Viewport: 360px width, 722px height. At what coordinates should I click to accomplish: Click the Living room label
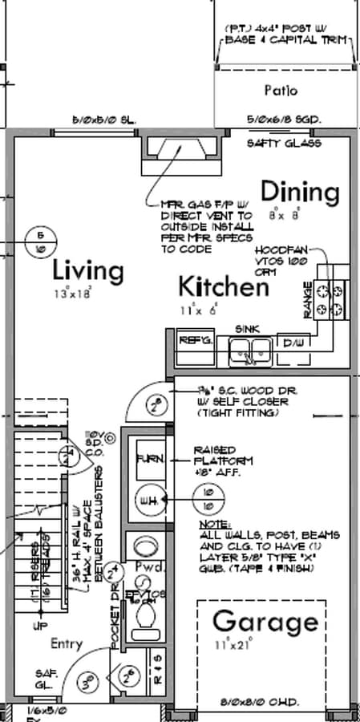coord(88,270)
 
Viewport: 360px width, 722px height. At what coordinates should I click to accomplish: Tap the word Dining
coord(301,192)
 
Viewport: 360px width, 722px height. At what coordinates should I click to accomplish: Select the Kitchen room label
coord(223,286)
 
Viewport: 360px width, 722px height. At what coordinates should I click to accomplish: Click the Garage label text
coord(265,622)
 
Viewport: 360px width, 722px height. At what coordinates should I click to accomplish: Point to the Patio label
coord(281,90)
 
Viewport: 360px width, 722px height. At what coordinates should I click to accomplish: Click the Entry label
coord(67,643)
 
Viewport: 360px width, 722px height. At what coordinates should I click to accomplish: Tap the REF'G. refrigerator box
coord(195,341)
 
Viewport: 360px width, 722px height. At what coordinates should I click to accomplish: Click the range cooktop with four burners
coord(330,298)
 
